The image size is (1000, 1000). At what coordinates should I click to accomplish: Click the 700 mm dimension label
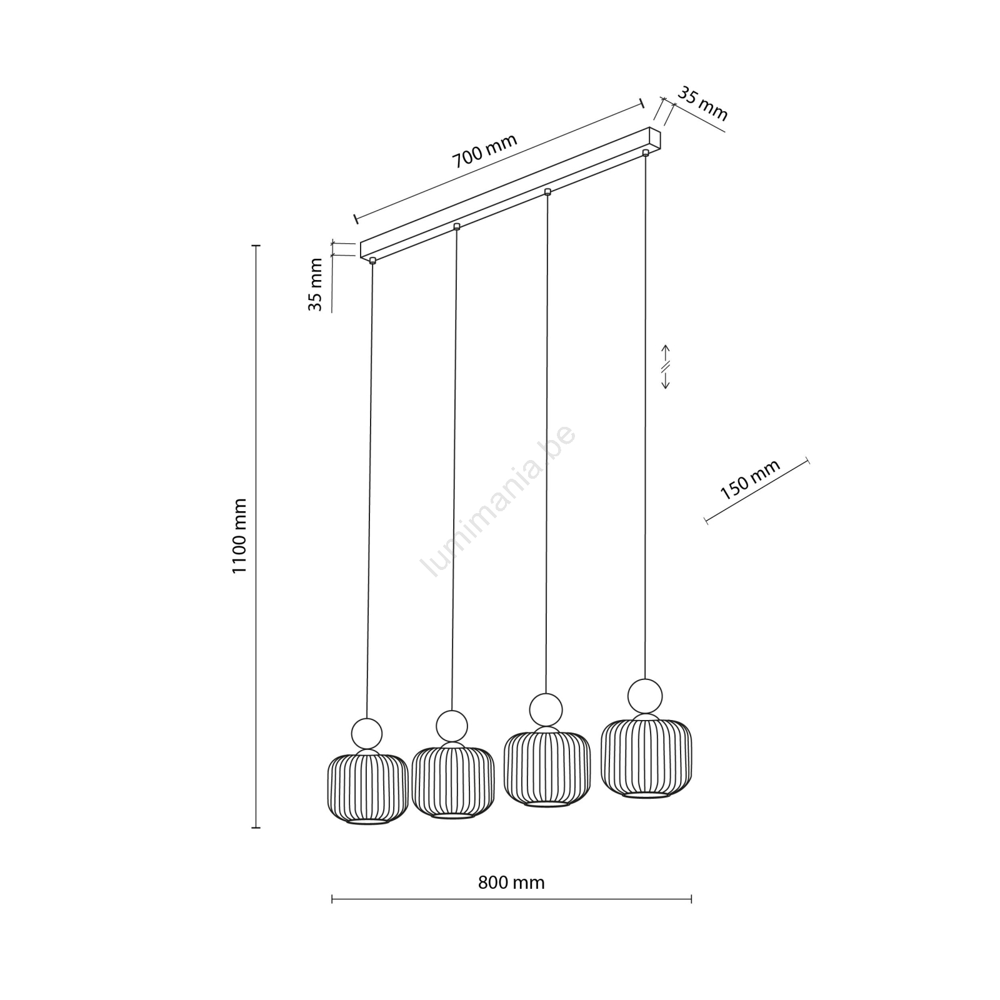[485, 151]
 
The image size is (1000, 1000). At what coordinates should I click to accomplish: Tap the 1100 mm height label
[240, 536]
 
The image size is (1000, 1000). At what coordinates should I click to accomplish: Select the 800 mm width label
[511, 882]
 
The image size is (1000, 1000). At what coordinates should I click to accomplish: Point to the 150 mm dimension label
[750, 480]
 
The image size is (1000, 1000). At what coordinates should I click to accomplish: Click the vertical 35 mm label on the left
[316, 285]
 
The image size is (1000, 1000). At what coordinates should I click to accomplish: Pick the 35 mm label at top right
[703, 104]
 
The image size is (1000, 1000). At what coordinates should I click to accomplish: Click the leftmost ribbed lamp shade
[367, 789]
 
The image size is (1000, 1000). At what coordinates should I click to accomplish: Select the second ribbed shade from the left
[453, 782]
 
